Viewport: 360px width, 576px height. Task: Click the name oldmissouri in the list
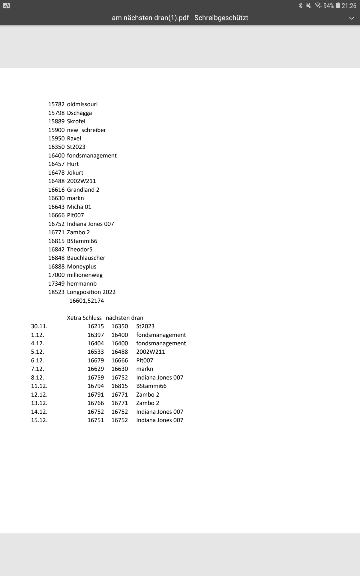tap(82, 104)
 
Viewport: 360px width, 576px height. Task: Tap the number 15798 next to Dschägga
tap(56, 113)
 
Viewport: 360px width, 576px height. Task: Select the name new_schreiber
tap(86, 130)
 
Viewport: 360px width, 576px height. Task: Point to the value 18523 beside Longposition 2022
tap(56, 292)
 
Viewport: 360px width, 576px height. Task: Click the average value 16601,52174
tap(86, 301)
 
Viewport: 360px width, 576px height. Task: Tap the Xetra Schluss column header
tap(84, 318)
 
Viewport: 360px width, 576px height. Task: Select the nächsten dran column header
tap(124, 318)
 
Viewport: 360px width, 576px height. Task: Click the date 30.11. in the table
tap(39, 326)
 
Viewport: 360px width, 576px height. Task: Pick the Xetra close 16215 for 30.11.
tap(96, 326)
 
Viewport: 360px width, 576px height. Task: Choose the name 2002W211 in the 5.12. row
tap(151, 352)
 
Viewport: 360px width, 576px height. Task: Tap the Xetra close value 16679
tap(96, 361)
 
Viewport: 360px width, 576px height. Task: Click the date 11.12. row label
tap(39, 386)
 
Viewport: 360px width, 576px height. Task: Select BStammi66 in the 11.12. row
tap(151, 386)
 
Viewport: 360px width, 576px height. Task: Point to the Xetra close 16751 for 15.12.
tap(96, 420)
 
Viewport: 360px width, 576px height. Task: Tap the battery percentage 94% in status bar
tap(329, 6)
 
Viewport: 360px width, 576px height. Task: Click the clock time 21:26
tap(349, 6)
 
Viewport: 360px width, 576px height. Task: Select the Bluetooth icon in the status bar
tap(301, 6)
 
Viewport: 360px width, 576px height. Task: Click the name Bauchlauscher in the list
tap(86, 258)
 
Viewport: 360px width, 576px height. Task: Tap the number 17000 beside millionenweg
tap(56, 275)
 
